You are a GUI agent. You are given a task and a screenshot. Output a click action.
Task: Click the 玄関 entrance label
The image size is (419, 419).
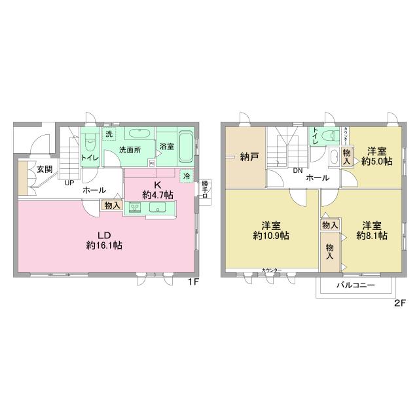click(44, 169)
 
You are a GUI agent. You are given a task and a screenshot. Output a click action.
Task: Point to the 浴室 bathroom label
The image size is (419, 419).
click(166, 147)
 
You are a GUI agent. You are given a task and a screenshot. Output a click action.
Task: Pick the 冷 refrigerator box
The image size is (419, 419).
click(187, 175)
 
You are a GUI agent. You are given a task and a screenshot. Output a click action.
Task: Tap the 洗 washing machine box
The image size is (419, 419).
click(109, 134)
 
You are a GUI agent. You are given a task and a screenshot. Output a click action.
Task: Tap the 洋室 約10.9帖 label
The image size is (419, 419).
click(267, 230)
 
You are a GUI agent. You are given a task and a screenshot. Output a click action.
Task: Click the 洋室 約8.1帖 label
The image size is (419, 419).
click(372, 230)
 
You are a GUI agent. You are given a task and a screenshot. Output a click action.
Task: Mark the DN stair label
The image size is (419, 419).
click(297, 172)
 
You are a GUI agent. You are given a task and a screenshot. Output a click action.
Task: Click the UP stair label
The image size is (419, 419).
click(69, 183)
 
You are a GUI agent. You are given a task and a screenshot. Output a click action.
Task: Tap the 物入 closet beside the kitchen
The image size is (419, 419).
click(112, 206)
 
